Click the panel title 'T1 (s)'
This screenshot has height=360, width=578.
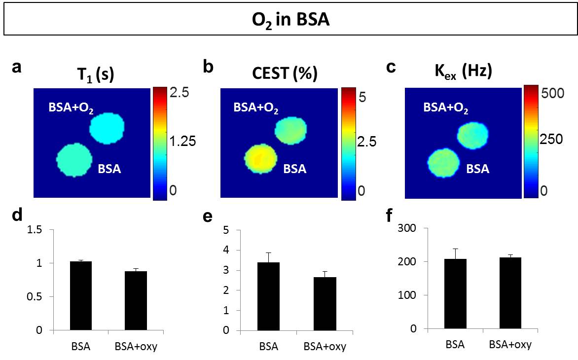click(x=93, y=73)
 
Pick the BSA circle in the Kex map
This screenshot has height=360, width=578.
click(x=442, y=163)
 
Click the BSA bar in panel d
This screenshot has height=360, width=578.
click(x=80, y=295)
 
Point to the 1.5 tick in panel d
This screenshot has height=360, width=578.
click(x=35, y=230)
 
